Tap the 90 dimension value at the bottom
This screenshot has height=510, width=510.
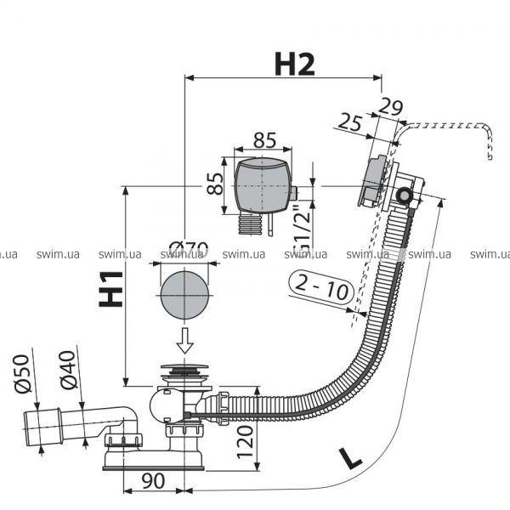[x=153, y=481]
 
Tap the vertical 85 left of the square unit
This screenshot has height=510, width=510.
[x=216, y=183]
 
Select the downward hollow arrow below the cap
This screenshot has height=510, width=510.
[x=184, y=339]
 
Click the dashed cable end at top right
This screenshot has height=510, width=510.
[x=490, y=153]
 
